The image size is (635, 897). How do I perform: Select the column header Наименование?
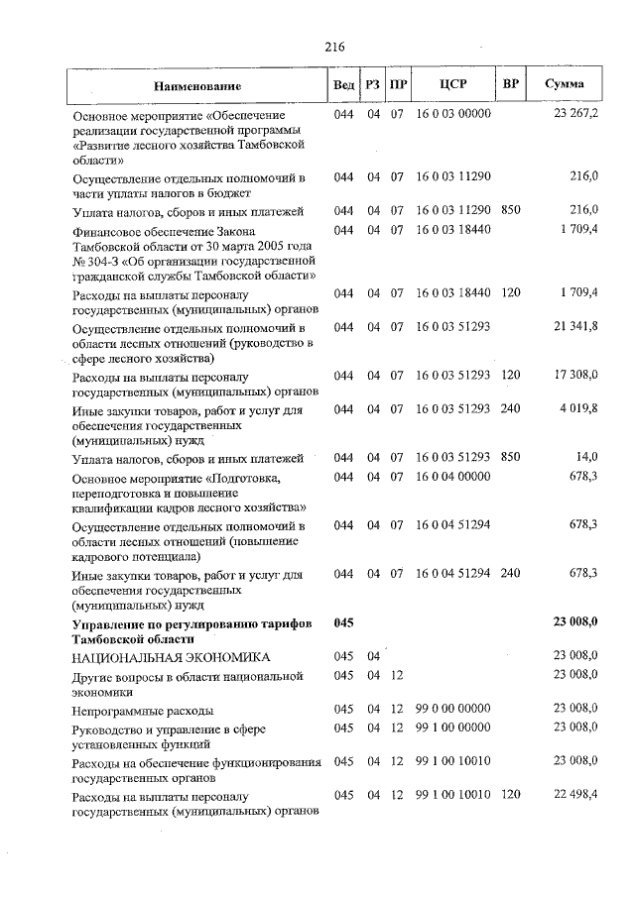point(196,86)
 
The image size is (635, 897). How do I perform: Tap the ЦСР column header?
point(453,85)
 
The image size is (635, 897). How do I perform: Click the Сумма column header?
point(564,85)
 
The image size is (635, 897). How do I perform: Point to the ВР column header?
point(510,85)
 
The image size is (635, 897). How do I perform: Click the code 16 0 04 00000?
point(453,477)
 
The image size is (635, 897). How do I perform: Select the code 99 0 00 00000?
point(453,709)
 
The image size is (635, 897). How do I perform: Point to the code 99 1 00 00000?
point(453,728)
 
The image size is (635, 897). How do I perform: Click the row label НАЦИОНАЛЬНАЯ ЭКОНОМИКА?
point(169,657)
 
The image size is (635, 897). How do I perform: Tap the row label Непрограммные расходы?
point(144,710)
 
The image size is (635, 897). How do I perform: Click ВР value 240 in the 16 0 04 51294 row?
point(510,573)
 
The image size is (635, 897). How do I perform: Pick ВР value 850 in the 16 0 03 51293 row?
point(510,457)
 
